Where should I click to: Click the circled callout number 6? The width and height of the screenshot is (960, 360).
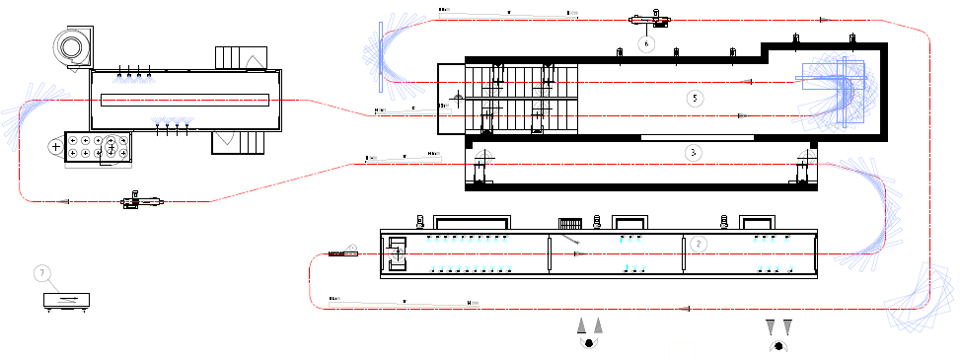click(647, 43)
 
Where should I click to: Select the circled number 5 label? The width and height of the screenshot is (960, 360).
click(696, 98)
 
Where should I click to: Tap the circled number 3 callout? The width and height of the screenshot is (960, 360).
click(694, 153)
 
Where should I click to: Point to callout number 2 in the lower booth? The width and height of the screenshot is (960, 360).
click(698, 243)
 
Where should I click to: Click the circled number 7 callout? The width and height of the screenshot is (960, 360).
click(41, 272)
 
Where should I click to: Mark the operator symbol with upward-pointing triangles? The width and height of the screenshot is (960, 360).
click(590, 332)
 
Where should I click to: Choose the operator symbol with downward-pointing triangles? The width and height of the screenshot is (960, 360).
click(778, 333)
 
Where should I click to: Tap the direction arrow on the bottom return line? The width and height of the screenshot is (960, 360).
click(681, 309)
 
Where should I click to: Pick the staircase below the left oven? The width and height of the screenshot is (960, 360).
click(240, 143)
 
